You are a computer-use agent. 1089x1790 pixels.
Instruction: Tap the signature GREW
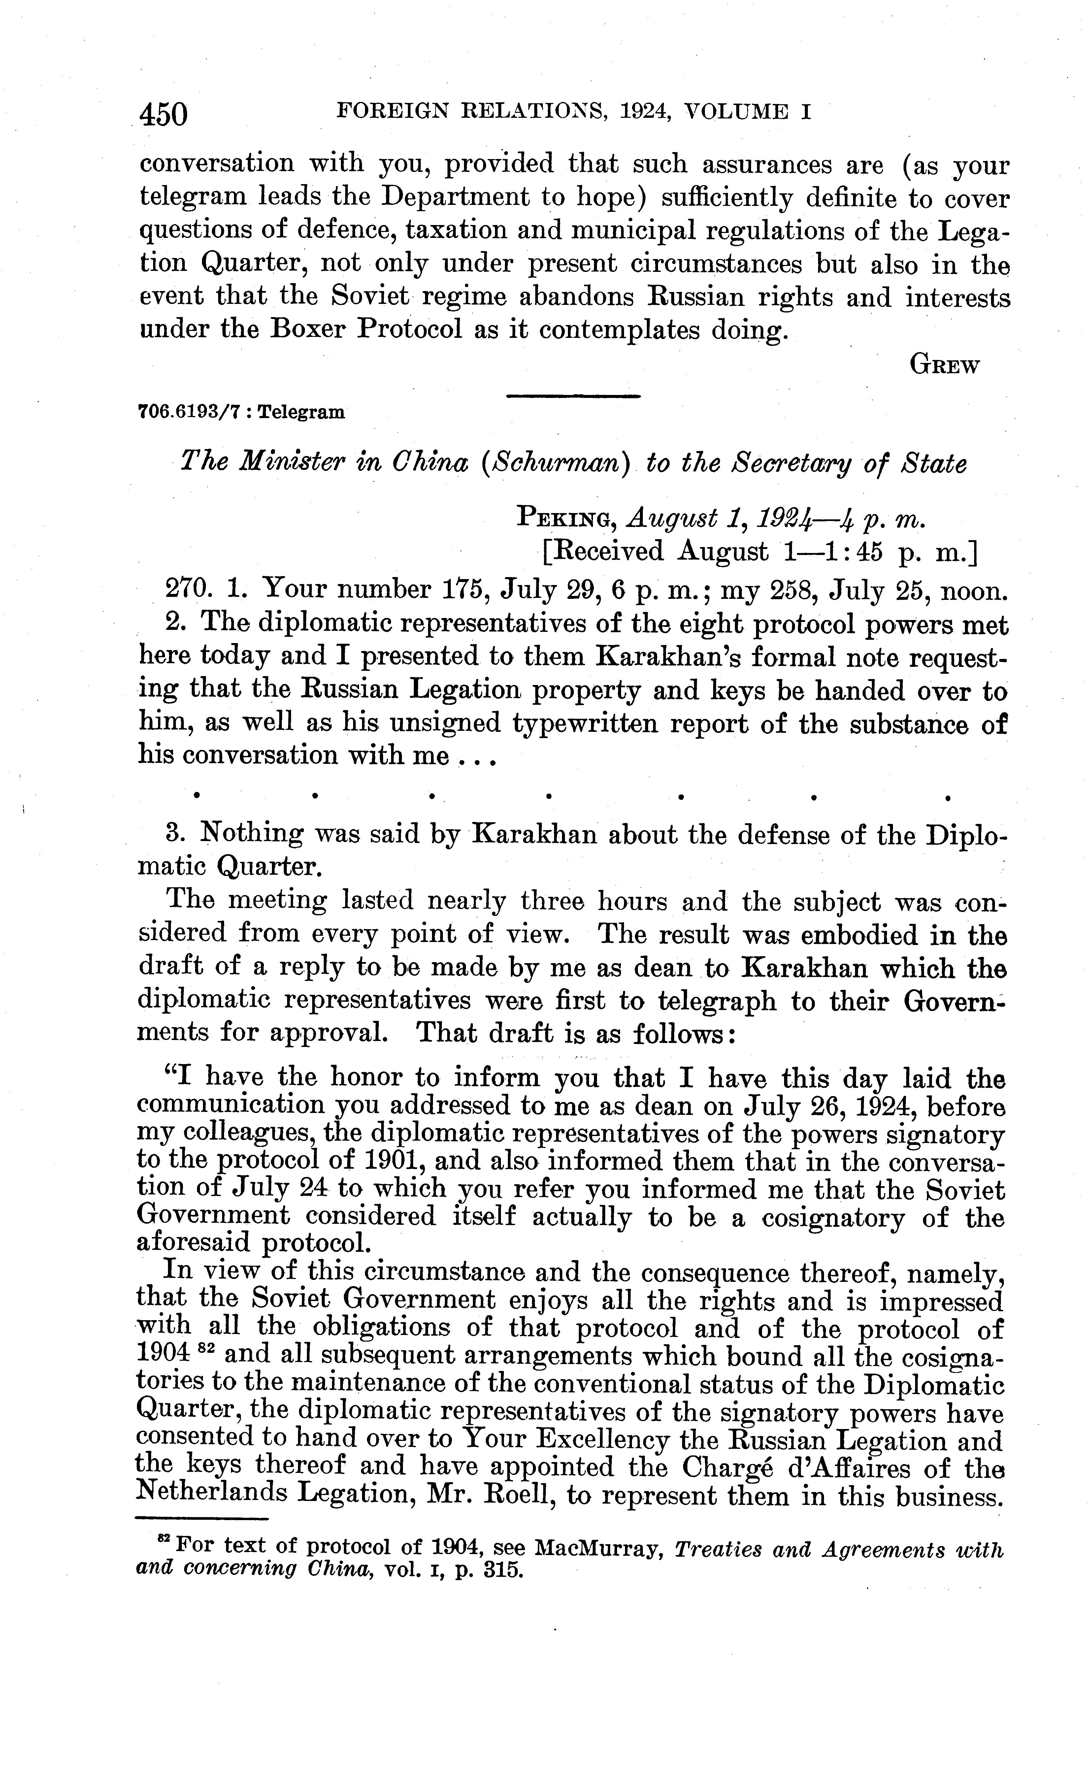[944, 365]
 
